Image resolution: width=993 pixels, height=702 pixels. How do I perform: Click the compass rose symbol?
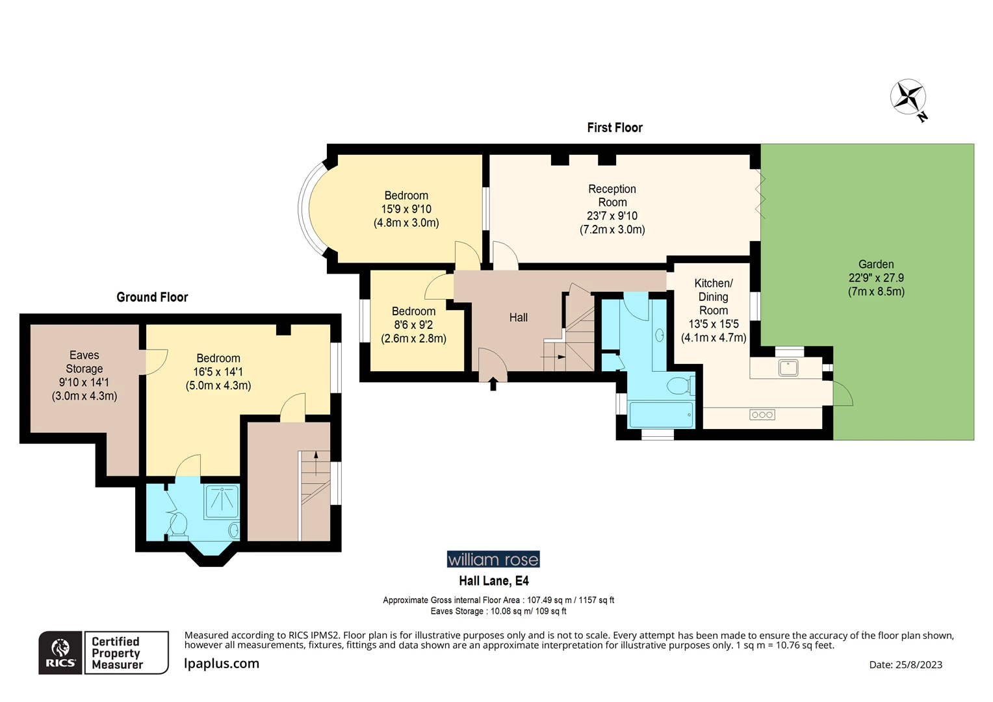[908, 97]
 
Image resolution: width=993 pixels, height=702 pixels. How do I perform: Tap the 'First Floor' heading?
[614, 127]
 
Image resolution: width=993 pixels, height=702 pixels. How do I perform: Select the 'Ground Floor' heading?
[152, 297]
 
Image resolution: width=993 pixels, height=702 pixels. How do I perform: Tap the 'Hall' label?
[518, 317]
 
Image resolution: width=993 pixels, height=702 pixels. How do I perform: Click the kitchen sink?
[788, 368]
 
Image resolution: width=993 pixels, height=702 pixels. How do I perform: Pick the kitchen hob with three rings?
[762, 415]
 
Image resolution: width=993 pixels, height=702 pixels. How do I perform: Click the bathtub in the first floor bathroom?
[660, 415]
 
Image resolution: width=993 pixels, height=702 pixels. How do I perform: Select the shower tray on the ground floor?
[222, 501]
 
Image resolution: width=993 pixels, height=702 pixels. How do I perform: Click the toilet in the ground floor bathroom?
[178, 524]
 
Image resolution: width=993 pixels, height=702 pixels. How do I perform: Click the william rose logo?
[493, 559]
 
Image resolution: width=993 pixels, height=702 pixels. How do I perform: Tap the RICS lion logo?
[60, 652]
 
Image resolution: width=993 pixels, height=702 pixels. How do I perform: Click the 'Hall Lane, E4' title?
[493, 581]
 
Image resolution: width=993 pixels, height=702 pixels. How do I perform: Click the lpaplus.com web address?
[222, 664]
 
